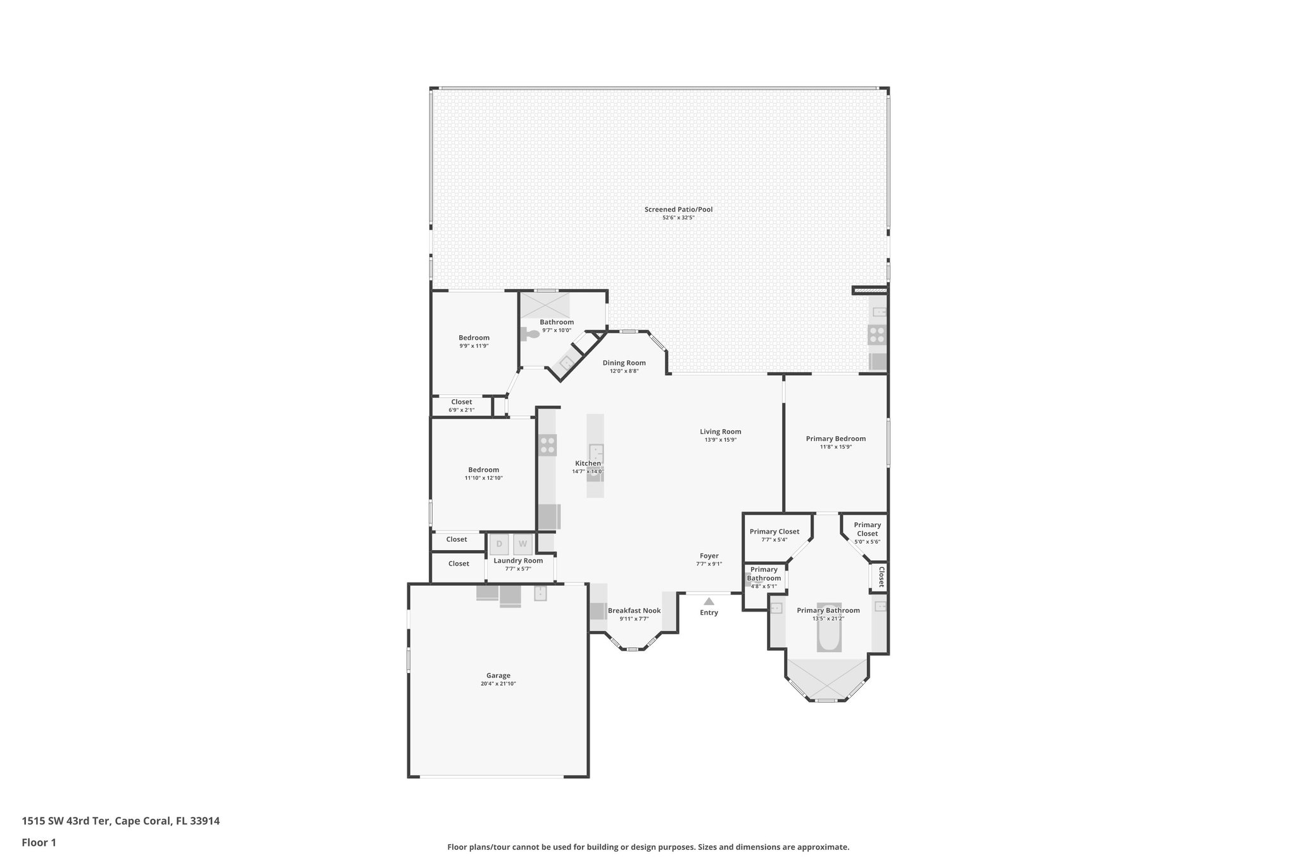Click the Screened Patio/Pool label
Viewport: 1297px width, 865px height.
(678, 209)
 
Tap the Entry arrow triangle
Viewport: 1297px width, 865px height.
(709, 601)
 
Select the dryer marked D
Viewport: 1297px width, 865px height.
(499, 544)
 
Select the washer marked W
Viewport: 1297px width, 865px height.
(523, 544)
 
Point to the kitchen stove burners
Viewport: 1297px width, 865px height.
(548, 445)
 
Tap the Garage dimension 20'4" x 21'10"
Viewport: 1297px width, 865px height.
(498, 684)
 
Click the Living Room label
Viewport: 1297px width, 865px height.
(720, 432)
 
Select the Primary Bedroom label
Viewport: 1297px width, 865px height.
(835, 439)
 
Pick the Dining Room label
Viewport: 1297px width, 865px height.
(624, 363)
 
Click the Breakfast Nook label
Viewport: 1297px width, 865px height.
(634, 611)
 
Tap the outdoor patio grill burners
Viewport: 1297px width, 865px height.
(877, 334)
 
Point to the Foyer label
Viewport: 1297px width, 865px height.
(709, 556)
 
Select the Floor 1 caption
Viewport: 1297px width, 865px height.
(39, 842)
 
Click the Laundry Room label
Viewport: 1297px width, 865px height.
(518, 560)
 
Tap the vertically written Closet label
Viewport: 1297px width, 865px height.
(881, 577)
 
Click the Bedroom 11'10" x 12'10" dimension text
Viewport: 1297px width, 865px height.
(483, 478)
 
